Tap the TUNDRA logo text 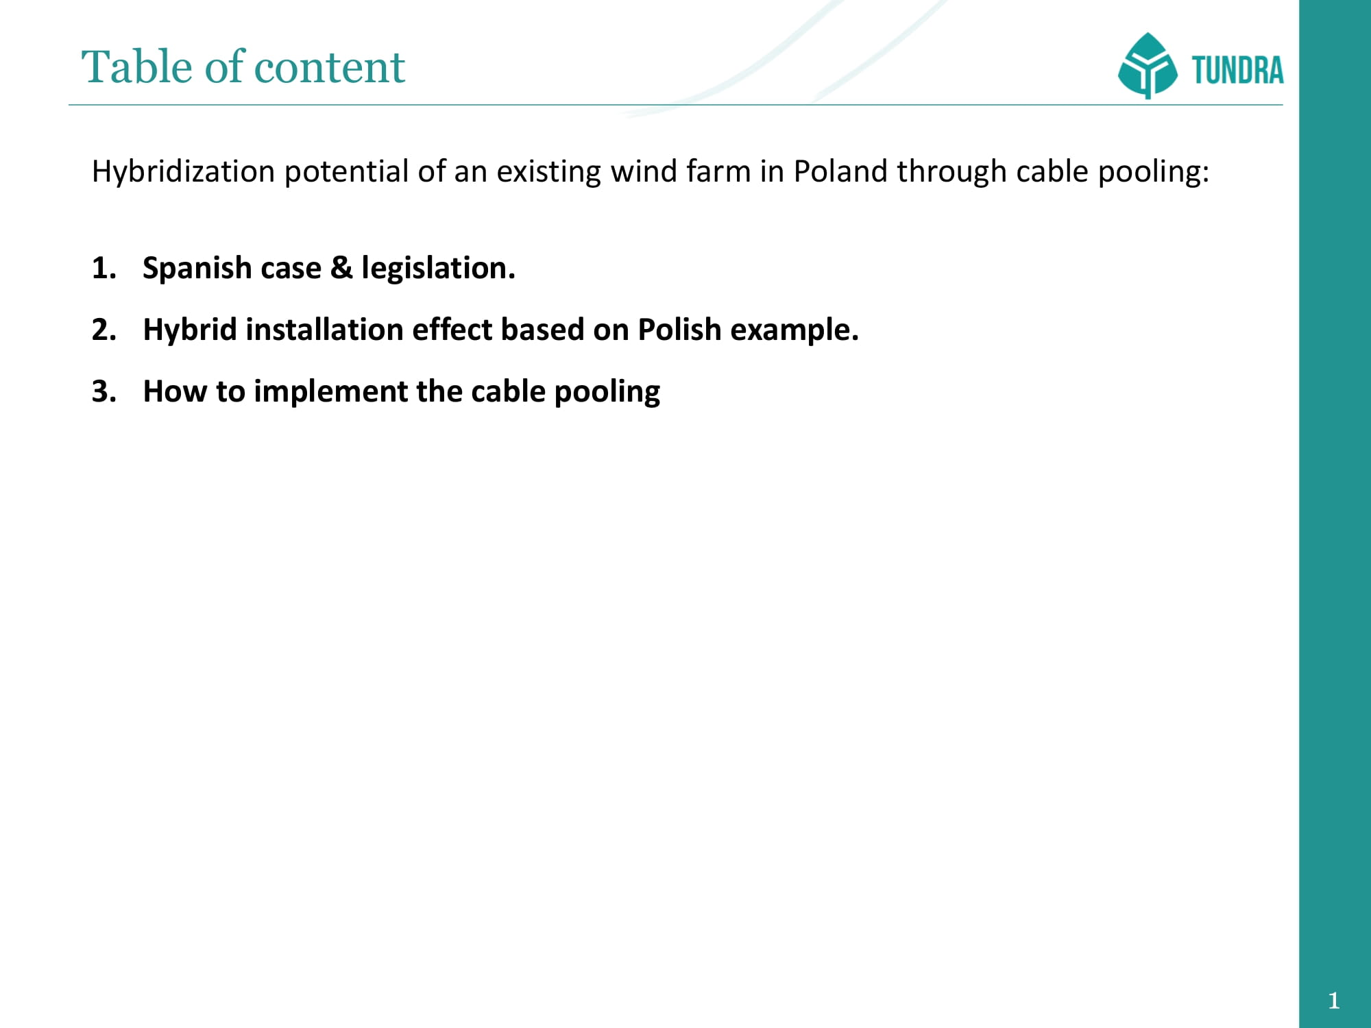pyautogui.click(x=1237, y=70)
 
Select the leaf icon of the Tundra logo pyautogui.click(x=1148, y=66)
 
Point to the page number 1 pyautogui.click(x=1333, y=1001)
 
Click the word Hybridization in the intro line pyautogui.click(x=183, y=171)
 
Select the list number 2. pyautogui.click(x=104, y=330)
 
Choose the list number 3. pyautogui.click(x=104, y=391)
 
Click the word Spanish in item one pyautogui.click(x=195, y=268)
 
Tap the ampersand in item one pyautogui.click(x=341, y=268)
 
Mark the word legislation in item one pyautogui.click(x=438, y=268)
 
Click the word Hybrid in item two pyautogui.click(x=190, y=330)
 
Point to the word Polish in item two pyautogui.click(x=679, y=330)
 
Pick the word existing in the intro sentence pyautogui.click(x=549, y=171)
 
